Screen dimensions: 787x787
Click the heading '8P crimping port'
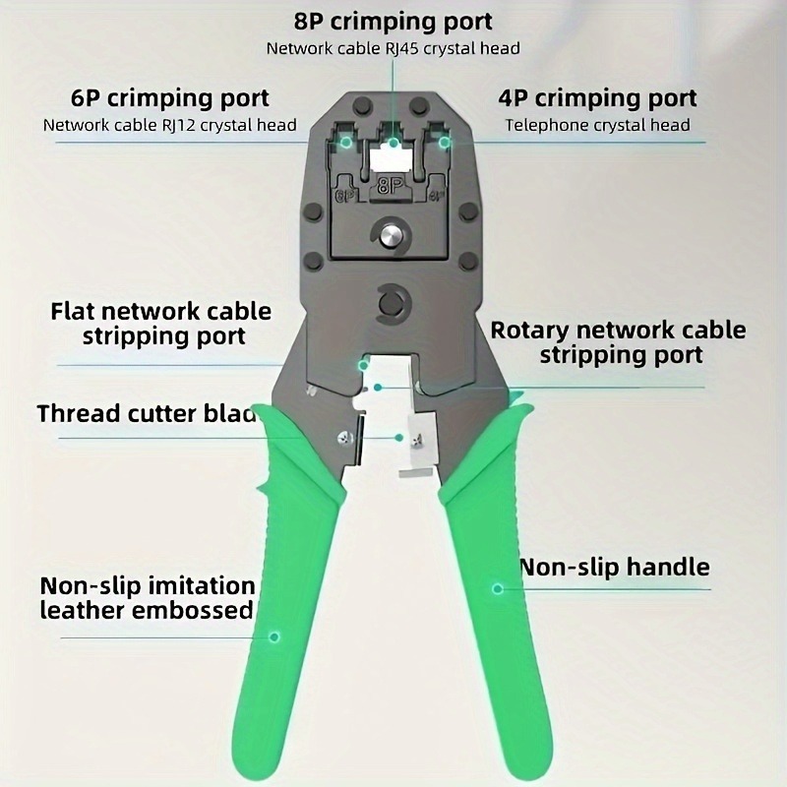point(393,21)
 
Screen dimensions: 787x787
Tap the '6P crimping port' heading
point(169,99)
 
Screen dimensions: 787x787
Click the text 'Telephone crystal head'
point(597,125)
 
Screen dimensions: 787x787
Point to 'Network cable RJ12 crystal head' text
point(169,125)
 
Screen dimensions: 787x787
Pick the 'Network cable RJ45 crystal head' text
point(393,47)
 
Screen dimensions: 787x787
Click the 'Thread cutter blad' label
point(147,412)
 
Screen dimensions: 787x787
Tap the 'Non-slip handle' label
point(614,567)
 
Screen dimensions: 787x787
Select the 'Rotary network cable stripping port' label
point(618,342)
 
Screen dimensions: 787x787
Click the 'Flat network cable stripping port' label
point(160,324)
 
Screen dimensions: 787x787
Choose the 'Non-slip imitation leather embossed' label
point(148,598)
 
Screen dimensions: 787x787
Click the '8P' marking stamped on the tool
point(392,184)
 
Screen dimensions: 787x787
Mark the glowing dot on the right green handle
point(498,588)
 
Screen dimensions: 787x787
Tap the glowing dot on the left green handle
point(274,636)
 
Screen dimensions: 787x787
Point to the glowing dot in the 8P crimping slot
point(393,143)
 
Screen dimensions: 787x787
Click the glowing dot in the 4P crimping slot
point(445,143)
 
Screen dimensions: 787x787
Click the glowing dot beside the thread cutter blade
point(399,437)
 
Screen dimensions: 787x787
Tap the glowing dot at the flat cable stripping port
point(363,365)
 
